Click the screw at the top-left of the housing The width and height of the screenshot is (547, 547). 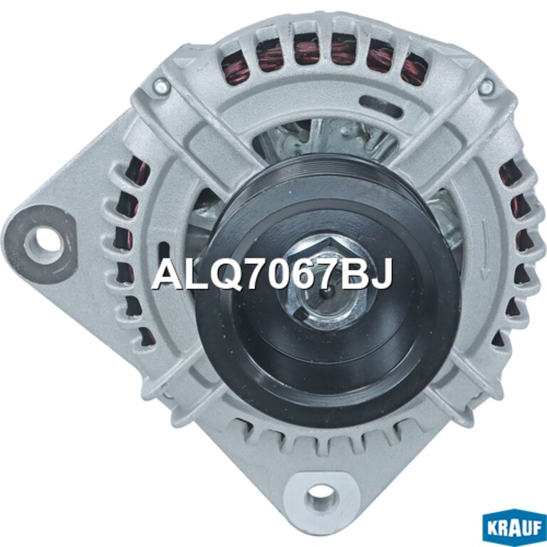[161, 85]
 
